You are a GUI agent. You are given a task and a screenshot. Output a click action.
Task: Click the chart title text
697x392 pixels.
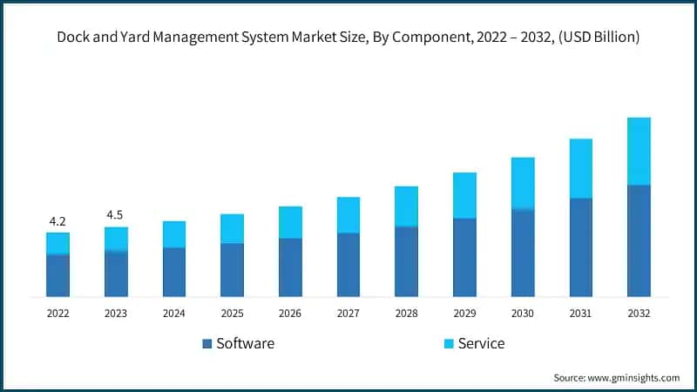click(348, 37)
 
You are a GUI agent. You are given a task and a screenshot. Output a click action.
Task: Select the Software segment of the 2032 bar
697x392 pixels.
click(639, 240)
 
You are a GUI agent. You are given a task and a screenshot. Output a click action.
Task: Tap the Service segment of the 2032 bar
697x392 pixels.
click(639, 151)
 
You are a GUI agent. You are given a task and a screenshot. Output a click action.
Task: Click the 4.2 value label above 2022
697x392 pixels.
click(58, 220)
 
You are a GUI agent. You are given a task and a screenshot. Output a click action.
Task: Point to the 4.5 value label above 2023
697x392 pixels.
click(116, 214)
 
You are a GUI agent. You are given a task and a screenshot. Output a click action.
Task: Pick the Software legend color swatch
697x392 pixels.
click(207, 343)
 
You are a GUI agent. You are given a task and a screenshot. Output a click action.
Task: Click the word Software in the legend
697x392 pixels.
click(245, 343)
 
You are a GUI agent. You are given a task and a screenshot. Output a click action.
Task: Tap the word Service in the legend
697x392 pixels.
click(482, 343)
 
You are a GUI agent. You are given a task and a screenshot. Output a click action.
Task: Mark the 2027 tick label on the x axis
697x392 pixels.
click(348, 313)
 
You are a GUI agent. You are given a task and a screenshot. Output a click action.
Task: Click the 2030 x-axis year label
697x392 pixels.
click(523, 313)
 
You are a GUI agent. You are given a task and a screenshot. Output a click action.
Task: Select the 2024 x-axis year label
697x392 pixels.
click(174, 313)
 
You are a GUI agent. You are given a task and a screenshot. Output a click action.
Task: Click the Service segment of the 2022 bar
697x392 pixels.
click(58, 243)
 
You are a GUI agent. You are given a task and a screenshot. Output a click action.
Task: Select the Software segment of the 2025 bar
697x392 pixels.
click(232, 270)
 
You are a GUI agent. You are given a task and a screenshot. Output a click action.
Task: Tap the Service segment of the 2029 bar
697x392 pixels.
click(464, 195)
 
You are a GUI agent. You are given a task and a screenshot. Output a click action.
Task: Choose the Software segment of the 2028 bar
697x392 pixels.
click(406, 261)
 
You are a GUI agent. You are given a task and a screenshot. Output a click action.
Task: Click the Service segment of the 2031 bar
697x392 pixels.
click(581, 168)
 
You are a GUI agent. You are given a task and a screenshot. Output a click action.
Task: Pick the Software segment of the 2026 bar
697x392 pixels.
click(290, 267)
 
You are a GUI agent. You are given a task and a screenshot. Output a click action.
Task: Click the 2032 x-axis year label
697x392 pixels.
click(639, 313)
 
